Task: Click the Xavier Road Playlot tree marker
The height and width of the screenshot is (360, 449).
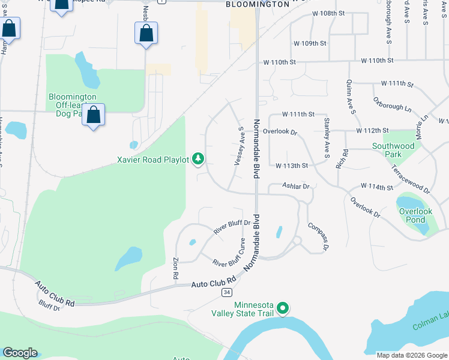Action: click(198, 159)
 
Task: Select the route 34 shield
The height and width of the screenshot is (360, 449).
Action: click(226, 292)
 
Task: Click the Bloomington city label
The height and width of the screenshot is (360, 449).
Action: click(258, 4)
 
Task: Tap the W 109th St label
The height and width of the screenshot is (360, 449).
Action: click(310, 44)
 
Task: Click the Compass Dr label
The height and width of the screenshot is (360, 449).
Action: click(319, 236)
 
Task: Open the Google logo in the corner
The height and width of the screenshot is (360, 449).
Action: click(20, 353)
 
